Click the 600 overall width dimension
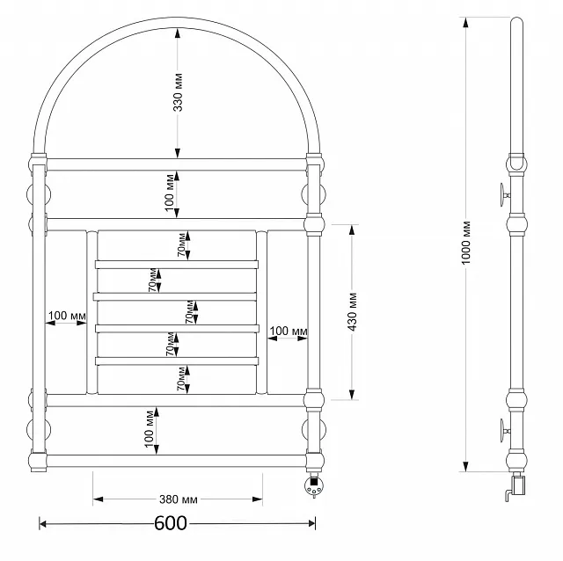click(x=171, y=523)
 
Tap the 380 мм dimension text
click(x=178, y=499)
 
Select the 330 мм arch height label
click(x=178, y=92)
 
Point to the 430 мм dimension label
click(x=353, y=311)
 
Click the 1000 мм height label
click(x=465, y=243)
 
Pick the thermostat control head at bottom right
click(x=313, y=485)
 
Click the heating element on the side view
click(x=516, y=487)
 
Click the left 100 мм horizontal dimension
click(x=67, y=316)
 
